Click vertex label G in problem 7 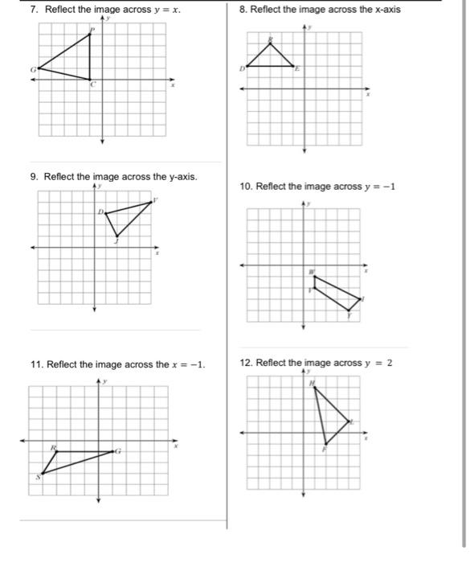[33, 69]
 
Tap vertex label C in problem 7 [92, 84]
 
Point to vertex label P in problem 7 [92, 29]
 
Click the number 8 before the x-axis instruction [243, 10]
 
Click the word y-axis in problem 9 [179, 176]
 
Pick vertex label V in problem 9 [155, 199]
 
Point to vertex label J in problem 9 [116, 240]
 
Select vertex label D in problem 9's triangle [100, 212]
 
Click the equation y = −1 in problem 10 [380, 187]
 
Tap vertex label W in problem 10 [313, 273]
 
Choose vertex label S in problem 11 [36, 477]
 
